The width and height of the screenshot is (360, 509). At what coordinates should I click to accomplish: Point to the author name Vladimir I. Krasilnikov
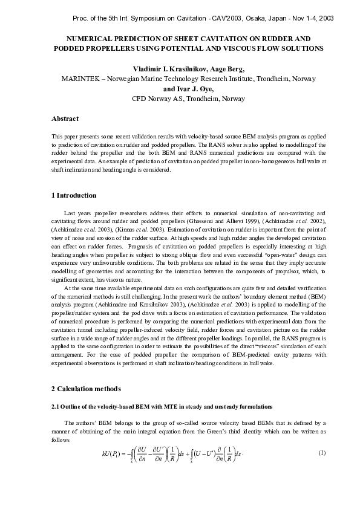point(170,69)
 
